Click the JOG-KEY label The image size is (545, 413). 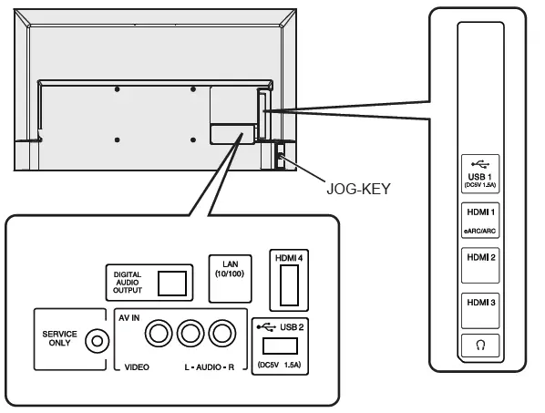(x=358, y=189)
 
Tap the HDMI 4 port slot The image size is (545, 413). (x=289, y=285)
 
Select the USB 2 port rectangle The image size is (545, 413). (x=280, y=346)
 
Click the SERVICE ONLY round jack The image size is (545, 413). (x=97, y=341)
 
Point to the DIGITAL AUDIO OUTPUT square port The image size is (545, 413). (x=172, y=284)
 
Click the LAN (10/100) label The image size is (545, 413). (x=230, y=269)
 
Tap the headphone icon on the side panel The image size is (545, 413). (x=480, y=346)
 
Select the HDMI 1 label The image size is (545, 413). (x=480, y=212)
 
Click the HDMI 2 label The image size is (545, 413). (x=481, y=257)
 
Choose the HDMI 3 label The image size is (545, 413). (x=481, y=303)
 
